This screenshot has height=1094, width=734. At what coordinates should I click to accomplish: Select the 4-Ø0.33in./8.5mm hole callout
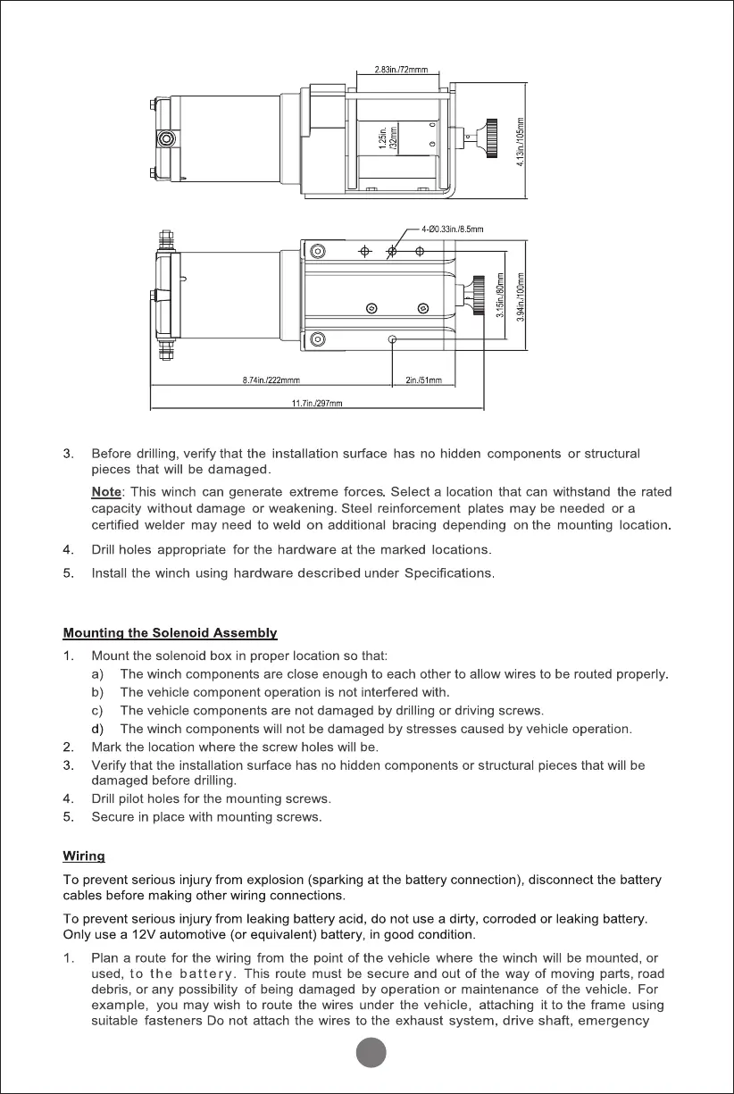452,230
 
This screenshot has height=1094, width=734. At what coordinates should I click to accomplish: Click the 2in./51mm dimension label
422,381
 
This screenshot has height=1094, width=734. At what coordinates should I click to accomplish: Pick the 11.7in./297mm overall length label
318,404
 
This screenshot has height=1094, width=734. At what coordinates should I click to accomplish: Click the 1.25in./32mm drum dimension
387,140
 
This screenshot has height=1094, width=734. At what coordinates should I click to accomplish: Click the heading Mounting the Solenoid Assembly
170,634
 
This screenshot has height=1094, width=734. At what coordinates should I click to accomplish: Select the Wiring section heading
84,857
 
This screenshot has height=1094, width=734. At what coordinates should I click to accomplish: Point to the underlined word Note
105,492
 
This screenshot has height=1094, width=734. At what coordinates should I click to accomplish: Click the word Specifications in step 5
447,572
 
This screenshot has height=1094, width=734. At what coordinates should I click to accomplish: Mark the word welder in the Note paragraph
163,526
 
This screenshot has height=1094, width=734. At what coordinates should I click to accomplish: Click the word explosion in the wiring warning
294,880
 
